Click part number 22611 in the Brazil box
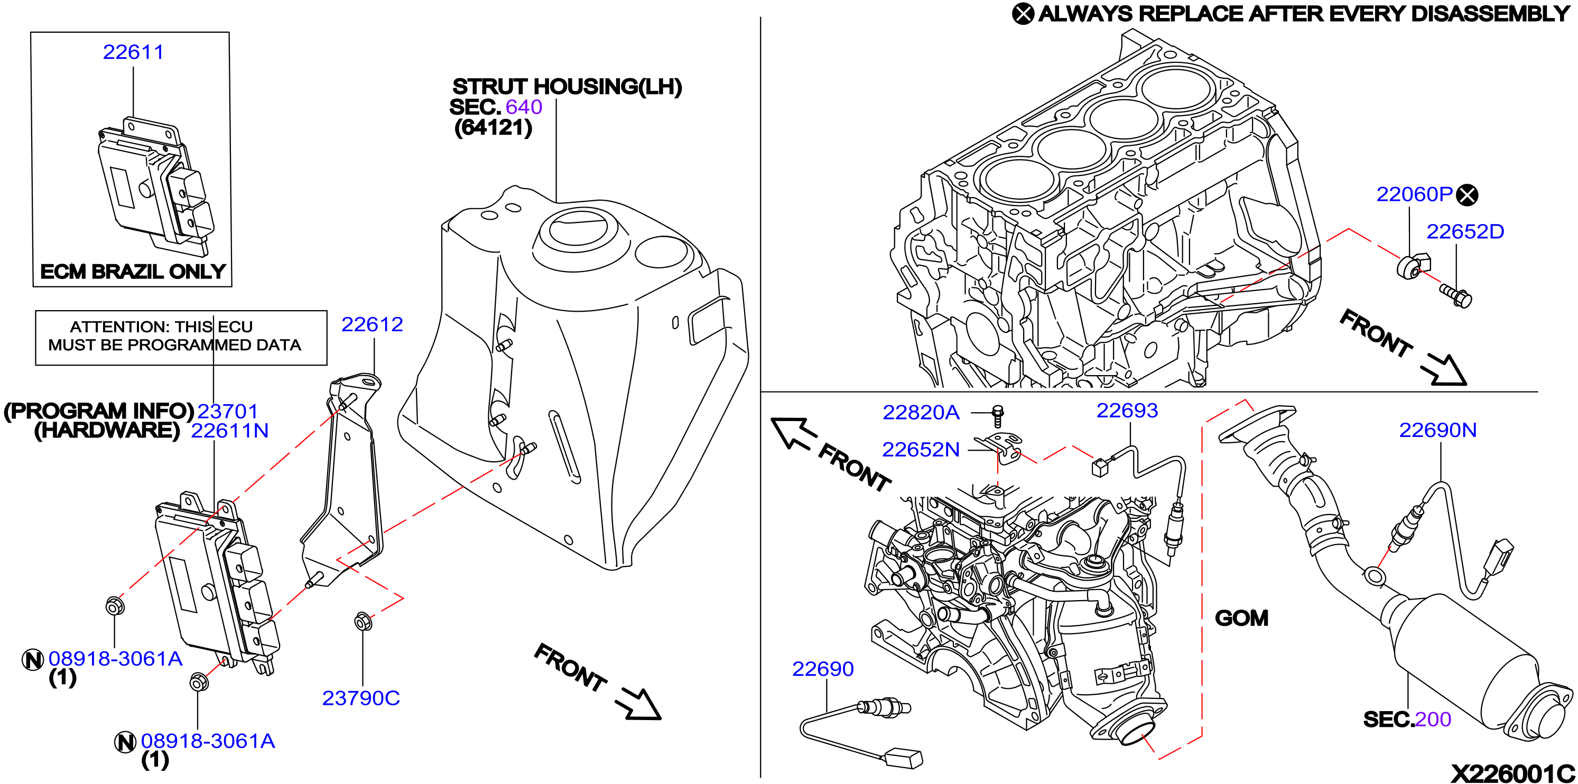click(x=133, y=52)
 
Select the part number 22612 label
click(x=372, y=324)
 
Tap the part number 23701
click(x=227, y=411)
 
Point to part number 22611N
click(x=230, y=431)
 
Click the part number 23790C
click(x=361, y=698)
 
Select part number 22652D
click(x=1465, y=231)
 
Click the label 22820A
click(x=921, y=412)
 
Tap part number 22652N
click(x=921, y=450)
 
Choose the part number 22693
click(x=1127, y=410)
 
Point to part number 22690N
click(x=1438, y=430)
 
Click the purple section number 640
click(x=524, y=107)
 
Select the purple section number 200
click(x=1433, y=719)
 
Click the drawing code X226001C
click(x=1512, y=773)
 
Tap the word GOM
click(x=1242, y=618)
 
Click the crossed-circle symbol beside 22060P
click(x=1467, y=195)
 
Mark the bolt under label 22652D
click(x=1456, y=296)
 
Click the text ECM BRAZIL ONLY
click(x=133, y=272)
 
